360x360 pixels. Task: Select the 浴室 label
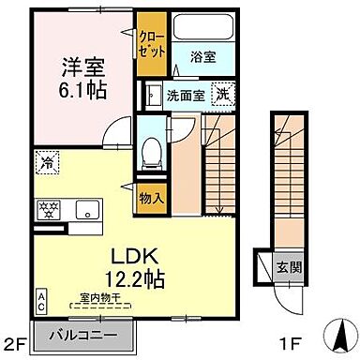[x=203, y=56]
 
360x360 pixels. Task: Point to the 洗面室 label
[x=185, y=94]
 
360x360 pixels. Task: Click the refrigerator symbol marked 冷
[x=46, y=162]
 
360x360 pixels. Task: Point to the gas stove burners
[x=46, y=208]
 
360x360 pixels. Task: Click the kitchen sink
[x=87, y=208]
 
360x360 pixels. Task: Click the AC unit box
[x=42, y=300]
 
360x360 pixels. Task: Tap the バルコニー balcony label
[x=83, y=334]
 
